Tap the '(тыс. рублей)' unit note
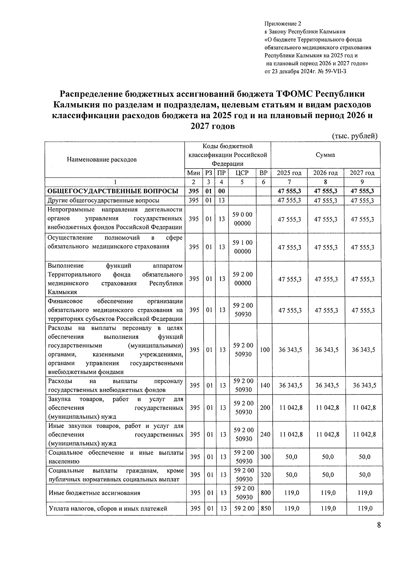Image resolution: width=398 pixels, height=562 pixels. point(355,136)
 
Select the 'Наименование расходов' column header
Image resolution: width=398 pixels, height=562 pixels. point(102,160)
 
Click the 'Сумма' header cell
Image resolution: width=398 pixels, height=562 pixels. point(325,155)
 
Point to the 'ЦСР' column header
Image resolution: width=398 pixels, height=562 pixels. point(242,173)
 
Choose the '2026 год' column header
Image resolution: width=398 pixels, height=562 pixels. point(325,173)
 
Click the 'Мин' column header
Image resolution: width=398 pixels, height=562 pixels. point(193,173)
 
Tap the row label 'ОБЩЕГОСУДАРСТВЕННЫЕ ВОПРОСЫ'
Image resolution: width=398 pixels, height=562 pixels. point(113,191)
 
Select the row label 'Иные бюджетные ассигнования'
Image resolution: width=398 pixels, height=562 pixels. point(94,493)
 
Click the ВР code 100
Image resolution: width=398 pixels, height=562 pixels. point(265,350)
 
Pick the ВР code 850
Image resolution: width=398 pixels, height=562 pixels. point(266,508)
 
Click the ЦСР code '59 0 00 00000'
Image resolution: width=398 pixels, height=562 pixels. point(242,219)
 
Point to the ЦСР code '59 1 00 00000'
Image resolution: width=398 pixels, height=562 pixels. point(242,247)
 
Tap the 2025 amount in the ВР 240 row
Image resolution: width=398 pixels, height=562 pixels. point(291,434)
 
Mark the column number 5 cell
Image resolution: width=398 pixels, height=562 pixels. point(242,182)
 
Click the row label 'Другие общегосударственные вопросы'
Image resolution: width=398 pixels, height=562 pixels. point(103,200)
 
